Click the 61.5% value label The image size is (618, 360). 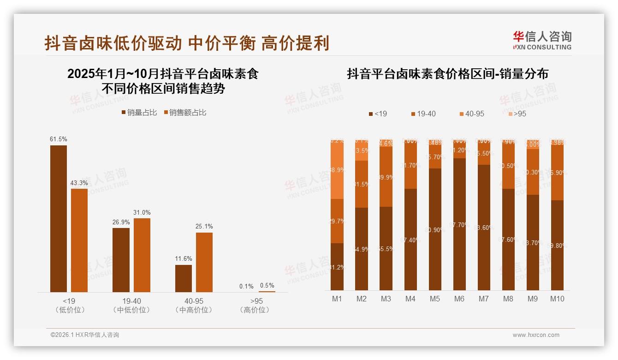coord(59,139)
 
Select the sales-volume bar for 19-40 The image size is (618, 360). coord(121,260)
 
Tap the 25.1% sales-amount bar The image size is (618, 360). coord(204,262)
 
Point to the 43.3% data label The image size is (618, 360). coord(79,183)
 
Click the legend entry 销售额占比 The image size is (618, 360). coord(184,113)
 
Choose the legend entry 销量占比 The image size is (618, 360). coord(139,113)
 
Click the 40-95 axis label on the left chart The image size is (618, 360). coord(194,301)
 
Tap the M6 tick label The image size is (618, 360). coord(459,299)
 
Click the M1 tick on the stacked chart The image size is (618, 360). coord(337,299)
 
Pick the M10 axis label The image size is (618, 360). coord(557,299)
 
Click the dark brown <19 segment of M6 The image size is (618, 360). coord(459,224)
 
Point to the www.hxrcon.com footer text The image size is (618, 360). coord(536,335)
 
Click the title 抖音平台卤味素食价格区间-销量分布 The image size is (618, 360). coord(447,74)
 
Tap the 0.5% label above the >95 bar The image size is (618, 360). coord(267,286)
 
